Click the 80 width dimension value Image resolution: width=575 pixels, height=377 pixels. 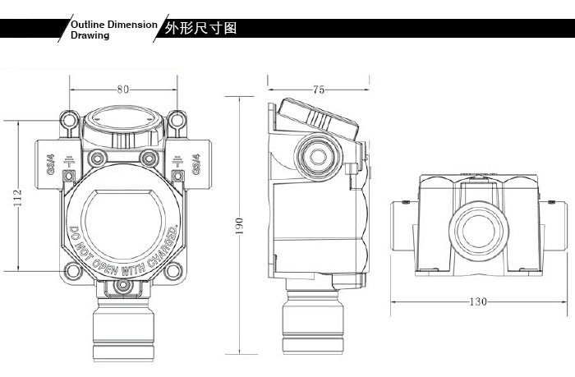click(122, 90)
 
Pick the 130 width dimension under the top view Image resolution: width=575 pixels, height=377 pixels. click(478, 301)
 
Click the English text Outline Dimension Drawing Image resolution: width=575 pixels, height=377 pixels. click(113, 30)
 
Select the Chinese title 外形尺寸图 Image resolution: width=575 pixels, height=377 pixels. click(200, 28)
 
